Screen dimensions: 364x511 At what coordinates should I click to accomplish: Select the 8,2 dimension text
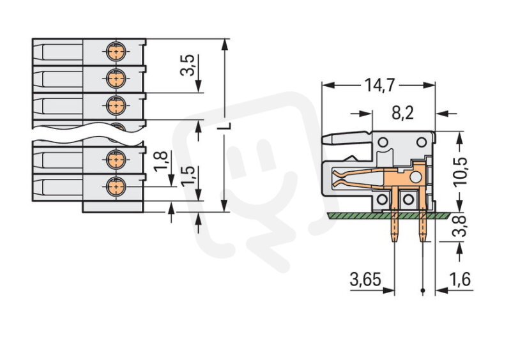coord(402,113)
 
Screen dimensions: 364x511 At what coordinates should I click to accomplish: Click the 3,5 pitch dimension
coord(188,66)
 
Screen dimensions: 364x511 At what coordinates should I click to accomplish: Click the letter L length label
coord(223,126)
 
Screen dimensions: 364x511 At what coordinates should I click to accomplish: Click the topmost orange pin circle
coord(115,49)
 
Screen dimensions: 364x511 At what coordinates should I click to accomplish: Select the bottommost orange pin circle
coord(115,186)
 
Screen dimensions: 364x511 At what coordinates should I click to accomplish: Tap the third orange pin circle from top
coord(115,105)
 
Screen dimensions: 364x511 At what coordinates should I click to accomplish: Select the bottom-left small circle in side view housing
coord(383,201)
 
